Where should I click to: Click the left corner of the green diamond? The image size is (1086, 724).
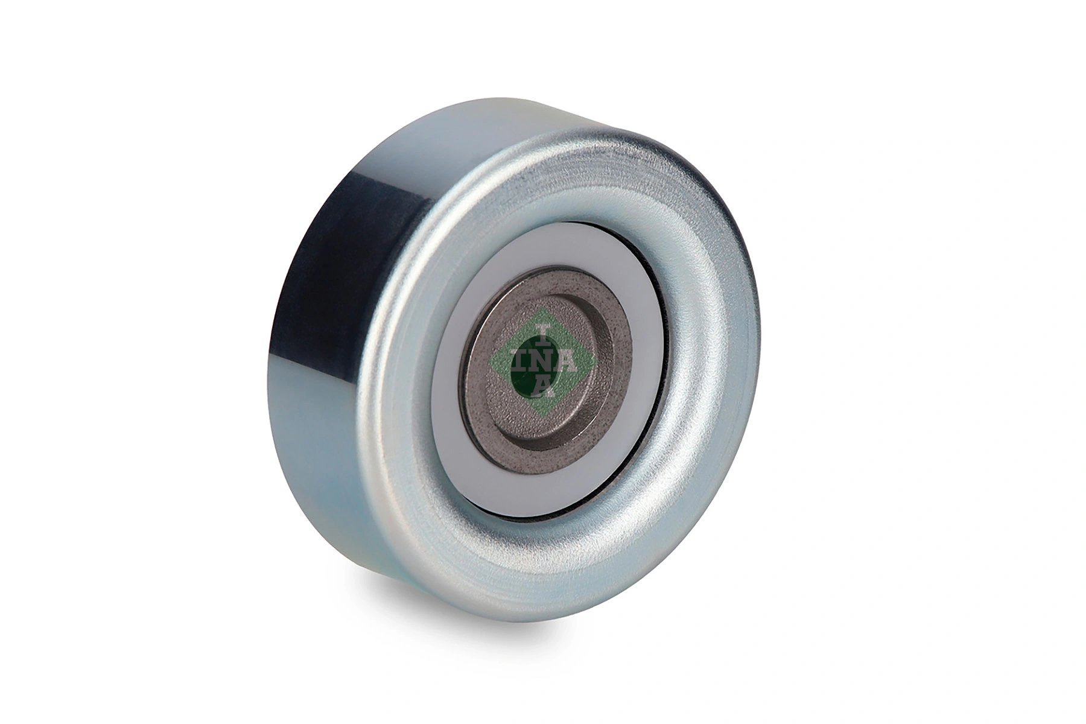tap(486, 363)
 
